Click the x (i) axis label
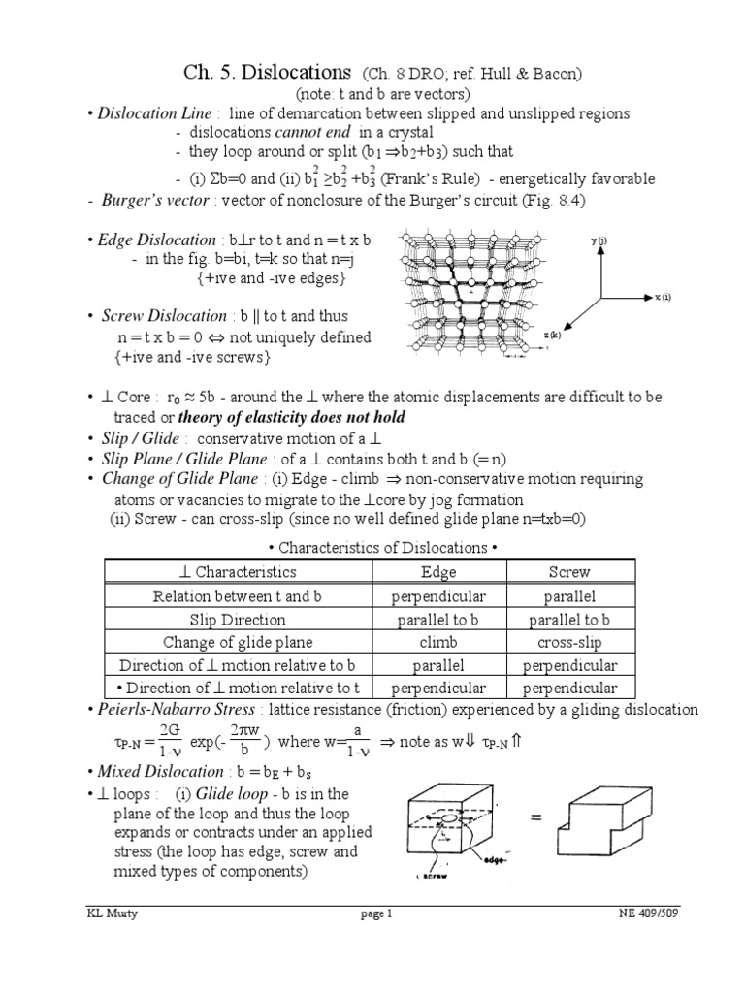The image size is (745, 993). (664, 297)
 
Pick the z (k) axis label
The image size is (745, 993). (553, 335)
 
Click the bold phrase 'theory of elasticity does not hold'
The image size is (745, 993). (296, 417)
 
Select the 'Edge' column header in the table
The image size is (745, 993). (438, 572)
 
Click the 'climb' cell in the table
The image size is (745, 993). (438, 642)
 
